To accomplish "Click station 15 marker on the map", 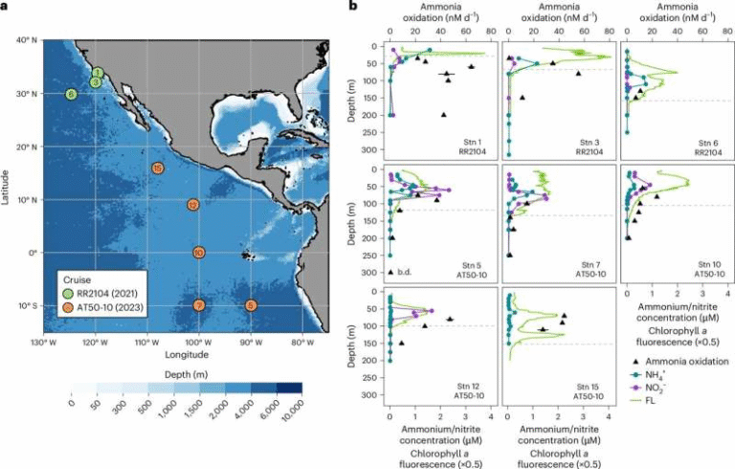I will tap(158, 168).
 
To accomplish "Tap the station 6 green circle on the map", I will tap(71, 95).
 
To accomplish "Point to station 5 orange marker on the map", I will tap(251, 306).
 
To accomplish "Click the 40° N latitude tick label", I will tap(26, 40).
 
